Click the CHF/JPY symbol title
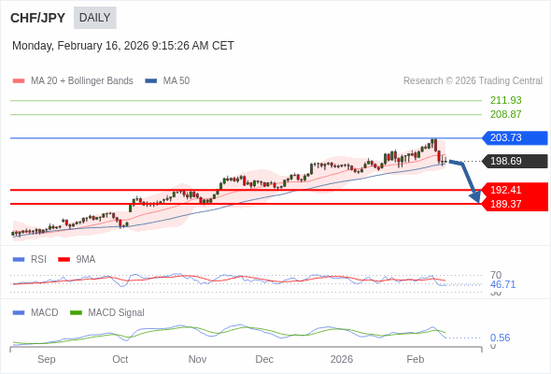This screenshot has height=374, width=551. (x=38, y=18)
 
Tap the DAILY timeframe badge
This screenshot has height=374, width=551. (x=94, y=18)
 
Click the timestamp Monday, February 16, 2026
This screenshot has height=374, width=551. (x=123, y=46)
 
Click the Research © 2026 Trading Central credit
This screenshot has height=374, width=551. (x=473, y=81)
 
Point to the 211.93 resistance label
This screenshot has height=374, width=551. (x=505, y=100)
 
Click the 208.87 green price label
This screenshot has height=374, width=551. (x=505, y=114)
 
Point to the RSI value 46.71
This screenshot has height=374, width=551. (x=502, y=284)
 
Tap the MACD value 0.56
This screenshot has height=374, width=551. (x=500, y=338)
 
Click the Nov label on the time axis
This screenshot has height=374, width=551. (x=197, y=359)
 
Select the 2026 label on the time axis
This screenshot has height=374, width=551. (x=342, y=359)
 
